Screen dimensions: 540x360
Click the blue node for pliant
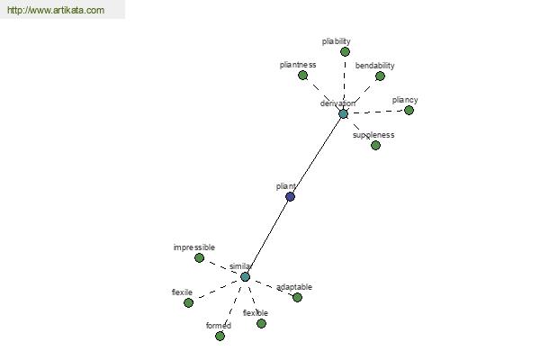coord(291,197)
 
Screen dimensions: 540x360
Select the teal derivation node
coord(343,114)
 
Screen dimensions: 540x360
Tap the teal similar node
coord(245,276)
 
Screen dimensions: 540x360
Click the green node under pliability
coord(345,51)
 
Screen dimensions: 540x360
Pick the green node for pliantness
coord(302,75)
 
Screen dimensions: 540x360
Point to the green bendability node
coord(380,76)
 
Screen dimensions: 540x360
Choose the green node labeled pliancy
coord(409,110)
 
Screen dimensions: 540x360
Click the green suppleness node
coord(375,146)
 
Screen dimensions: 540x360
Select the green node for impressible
coord(199,257)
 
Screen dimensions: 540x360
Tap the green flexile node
coord(188,302)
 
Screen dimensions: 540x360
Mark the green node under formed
coord(220,336)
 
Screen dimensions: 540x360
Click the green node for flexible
coord(261,323)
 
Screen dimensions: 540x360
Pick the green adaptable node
coord(297,297)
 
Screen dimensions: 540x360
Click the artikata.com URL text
coord(56,10)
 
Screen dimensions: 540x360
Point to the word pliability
coord(336,41)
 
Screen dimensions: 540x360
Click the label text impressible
coord(194,247)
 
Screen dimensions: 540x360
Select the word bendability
coord(374,66)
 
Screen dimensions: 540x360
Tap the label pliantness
coord(298,65)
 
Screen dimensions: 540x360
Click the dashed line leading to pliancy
coord(376,112)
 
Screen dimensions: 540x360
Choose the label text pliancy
coord(405,100)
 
